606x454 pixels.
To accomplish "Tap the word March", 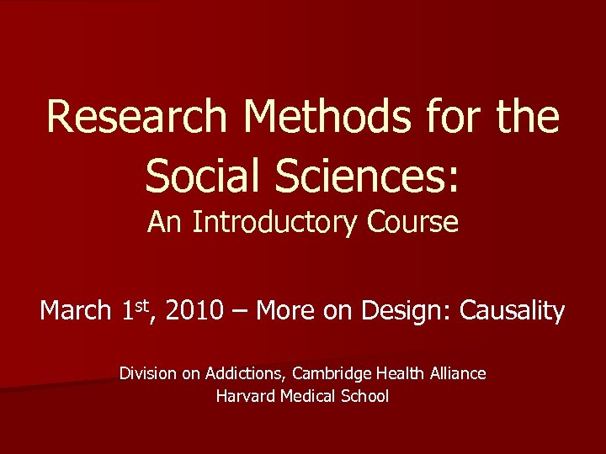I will click(x=75, y=312).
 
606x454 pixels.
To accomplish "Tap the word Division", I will click(x=148, y=372).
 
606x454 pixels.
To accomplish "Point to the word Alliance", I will click(x=457, y=372).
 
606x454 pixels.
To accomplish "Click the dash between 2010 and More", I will click(x=241, y=312).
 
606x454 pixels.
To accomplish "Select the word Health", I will click(x=397, y=372).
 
